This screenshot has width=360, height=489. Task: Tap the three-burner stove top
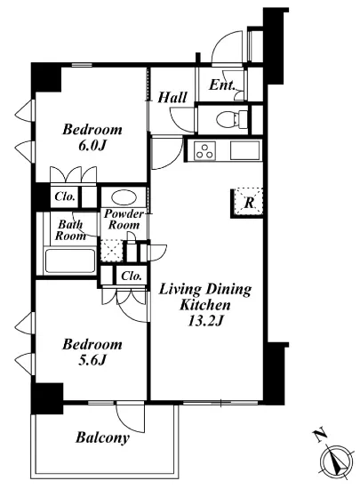[204, 150]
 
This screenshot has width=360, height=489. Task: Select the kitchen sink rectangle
[245, 150]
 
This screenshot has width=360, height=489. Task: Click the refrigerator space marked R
[249, 202]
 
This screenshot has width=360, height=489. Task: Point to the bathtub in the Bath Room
[70, 261]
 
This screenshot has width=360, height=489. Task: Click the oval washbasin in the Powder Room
[124, 197]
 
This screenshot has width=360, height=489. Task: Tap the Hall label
[172, 97]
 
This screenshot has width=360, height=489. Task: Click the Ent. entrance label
[221, 84]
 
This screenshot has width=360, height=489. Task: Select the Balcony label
[102, 437]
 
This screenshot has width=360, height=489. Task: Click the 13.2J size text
[204, 321]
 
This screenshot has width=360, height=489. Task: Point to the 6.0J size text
[92, 145]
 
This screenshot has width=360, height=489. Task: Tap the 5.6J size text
[92, 360]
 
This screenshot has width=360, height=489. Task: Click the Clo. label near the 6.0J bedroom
[65, 196]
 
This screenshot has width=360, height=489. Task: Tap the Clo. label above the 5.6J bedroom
[132, 276]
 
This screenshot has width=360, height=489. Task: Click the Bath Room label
[71, 230]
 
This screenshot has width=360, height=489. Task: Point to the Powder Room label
[124, 220]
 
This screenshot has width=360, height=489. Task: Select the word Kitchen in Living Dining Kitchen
[205, 305]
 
